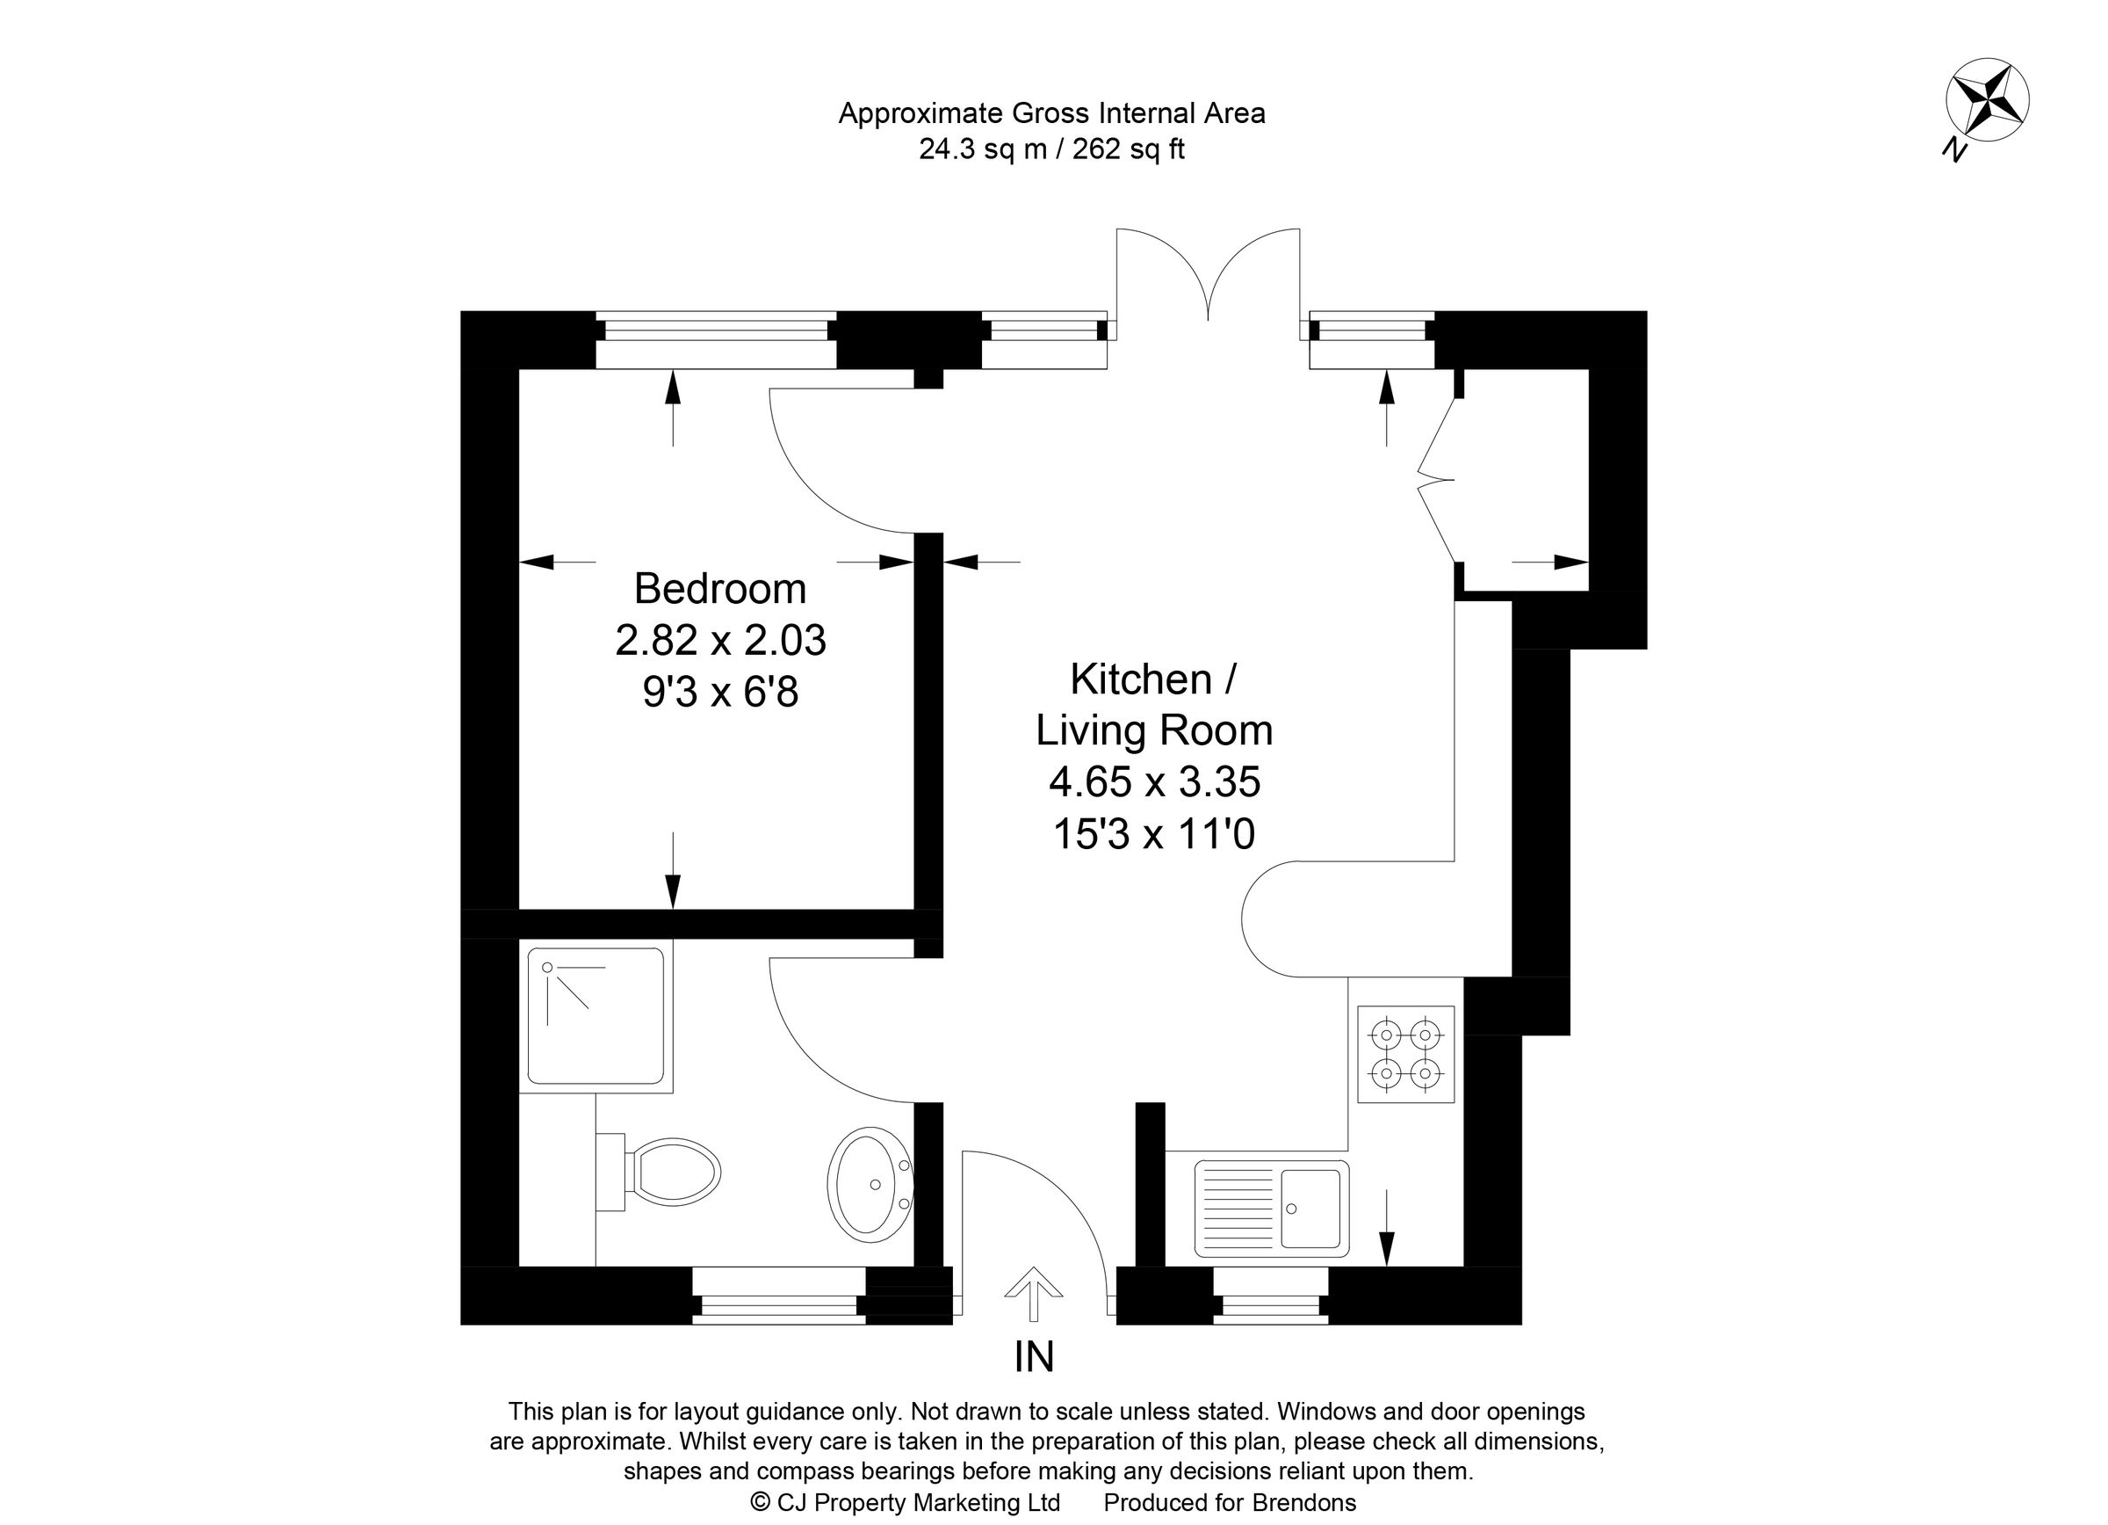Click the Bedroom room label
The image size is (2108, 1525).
pyautogui.click(x=719, y=589)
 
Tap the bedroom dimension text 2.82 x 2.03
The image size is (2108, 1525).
pyautogui.click(x=719, y=641)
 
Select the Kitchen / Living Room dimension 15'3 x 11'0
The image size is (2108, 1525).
pyautogui.click(x=1153, y=834)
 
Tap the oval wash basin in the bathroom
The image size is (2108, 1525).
pyautogui.click(x=869, y=1185)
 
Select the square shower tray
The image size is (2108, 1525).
pyautogui.click(x=595, y=1015)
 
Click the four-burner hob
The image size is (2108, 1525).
pyautogui.click(x=1405, y=1054)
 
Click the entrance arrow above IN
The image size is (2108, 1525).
pyautogui.click(x=1033, y=1293)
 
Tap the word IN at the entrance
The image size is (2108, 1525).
pyautogui.click(x=1034, y=1358)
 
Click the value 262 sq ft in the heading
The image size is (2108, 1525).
pyautogui.click(x=1128, y=149)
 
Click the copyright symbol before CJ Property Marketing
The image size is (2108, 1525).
pyautogui.click(x=760, y=1502)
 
